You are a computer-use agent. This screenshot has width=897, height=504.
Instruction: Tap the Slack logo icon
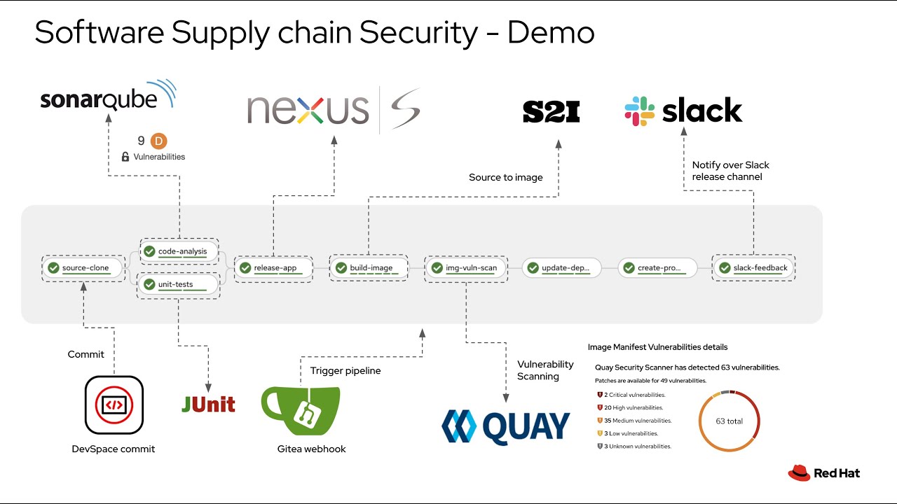(x=639, y=111)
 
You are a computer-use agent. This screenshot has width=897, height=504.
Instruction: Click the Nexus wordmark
(x=308, y=110)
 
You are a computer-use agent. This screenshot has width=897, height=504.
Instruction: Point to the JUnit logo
(x=208, y=404)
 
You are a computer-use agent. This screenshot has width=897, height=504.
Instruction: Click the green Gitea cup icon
(x=300, y=411)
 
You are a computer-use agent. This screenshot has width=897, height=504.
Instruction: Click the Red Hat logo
(x=823, y=473)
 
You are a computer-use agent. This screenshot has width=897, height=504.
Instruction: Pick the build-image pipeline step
(x=369, y=268)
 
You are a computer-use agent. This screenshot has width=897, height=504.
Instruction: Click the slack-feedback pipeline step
(x=753, y=268)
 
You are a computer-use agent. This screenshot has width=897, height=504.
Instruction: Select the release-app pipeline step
(x=273, y=268)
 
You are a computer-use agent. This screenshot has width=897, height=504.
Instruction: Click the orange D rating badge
(x=159, y=141)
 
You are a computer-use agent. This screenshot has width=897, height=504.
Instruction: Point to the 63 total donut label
(x=730, y=421)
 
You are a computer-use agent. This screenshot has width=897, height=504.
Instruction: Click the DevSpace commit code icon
(x=114, y=405)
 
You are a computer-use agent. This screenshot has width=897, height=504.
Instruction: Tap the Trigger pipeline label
(x=345, y=371)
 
